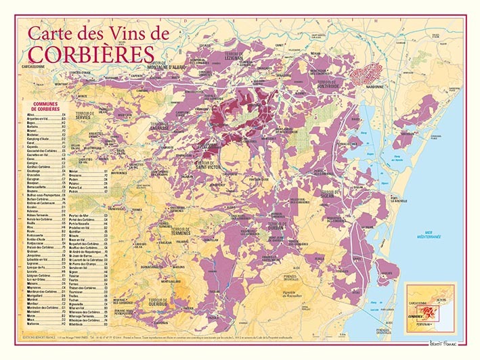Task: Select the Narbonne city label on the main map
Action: point(375,87)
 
